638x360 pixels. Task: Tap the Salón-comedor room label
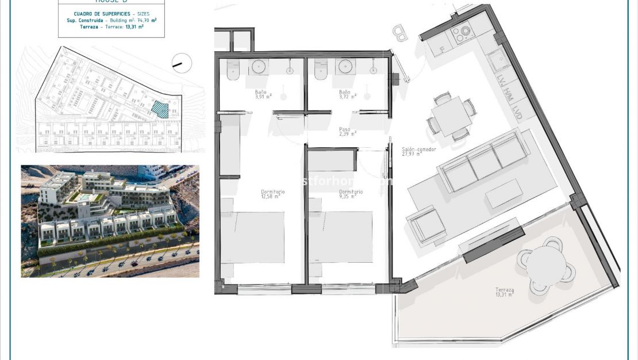click(x=418, y=152)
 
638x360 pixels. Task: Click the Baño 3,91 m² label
click(x=262, y=94)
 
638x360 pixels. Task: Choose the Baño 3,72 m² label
click(x=345, y=94)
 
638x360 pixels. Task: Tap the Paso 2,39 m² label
click(x=347, y=132)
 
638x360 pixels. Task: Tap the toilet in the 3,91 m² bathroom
click(x=233, y=70)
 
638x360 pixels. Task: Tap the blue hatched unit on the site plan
click(x=160, y=108)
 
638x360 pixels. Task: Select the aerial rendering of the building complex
click(x=110, y=221)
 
